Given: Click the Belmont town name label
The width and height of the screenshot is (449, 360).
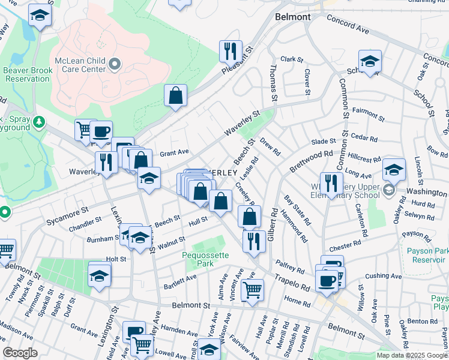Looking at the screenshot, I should pos(293,17).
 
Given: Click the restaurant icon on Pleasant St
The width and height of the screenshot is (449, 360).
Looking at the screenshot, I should pos(231,51).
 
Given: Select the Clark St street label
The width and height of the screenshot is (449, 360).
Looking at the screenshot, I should pos(291,59).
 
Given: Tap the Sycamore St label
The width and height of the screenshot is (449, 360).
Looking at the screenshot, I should pos(68,217).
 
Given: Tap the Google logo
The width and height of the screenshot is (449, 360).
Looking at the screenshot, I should pos(20,352).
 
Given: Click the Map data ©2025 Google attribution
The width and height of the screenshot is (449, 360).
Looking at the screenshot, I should pos(412,355).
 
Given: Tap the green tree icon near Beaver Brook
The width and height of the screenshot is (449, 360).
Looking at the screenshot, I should pos(39,122).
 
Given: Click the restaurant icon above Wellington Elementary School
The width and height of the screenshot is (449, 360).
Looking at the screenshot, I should pos(331,183).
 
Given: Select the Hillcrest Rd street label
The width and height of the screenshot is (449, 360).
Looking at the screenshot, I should pos(364,157).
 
